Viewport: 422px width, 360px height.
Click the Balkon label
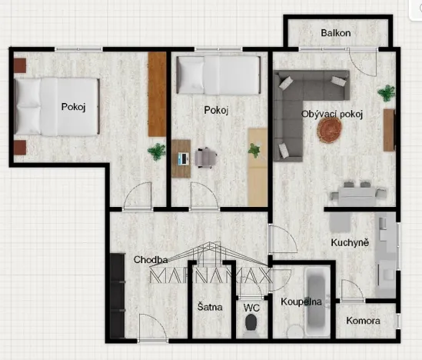tap(336, 33)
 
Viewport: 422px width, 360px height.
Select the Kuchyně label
tap(350, 243)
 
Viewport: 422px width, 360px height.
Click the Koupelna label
tap(300, 302)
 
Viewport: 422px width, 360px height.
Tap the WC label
tap(251, 307)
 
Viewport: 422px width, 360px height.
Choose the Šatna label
tap(210, 307)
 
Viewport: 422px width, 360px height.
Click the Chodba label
tap(151, 259)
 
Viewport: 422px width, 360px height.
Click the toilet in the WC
tap(251, 327)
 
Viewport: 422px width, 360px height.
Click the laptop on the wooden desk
tap(183, 159)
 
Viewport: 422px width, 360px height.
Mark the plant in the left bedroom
tap(158, 151)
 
